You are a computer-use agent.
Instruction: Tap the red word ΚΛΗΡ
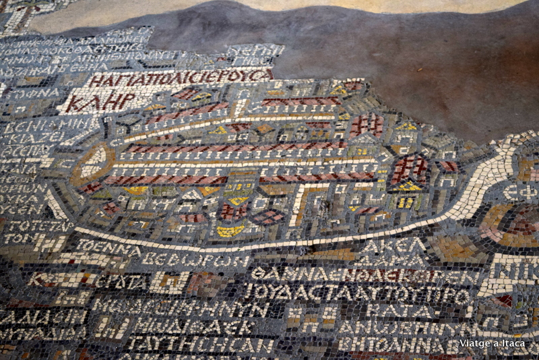point(100,101)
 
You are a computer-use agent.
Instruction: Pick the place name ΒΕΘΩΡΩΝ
point(195,259)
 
